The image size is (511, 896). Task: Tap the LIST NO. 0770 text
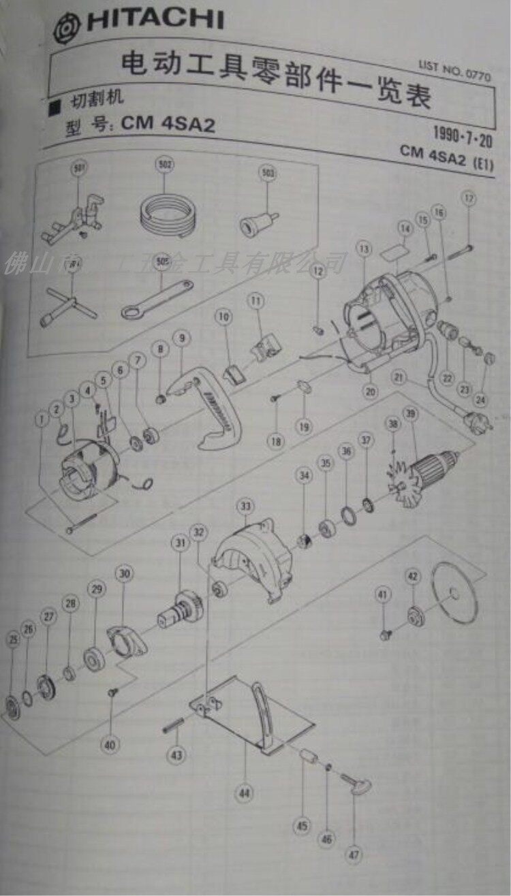[454, 70]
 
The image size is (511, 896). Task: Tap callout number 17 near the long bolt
[468, 199]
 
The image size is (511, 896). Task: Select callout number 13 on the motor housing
[363, 249]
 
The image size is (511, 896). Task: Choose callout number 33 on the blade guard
[245, 506]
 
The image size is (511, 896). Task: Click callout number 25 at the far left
[12, 639]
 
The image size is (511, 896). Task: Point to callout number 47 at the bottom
[355, 854]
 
